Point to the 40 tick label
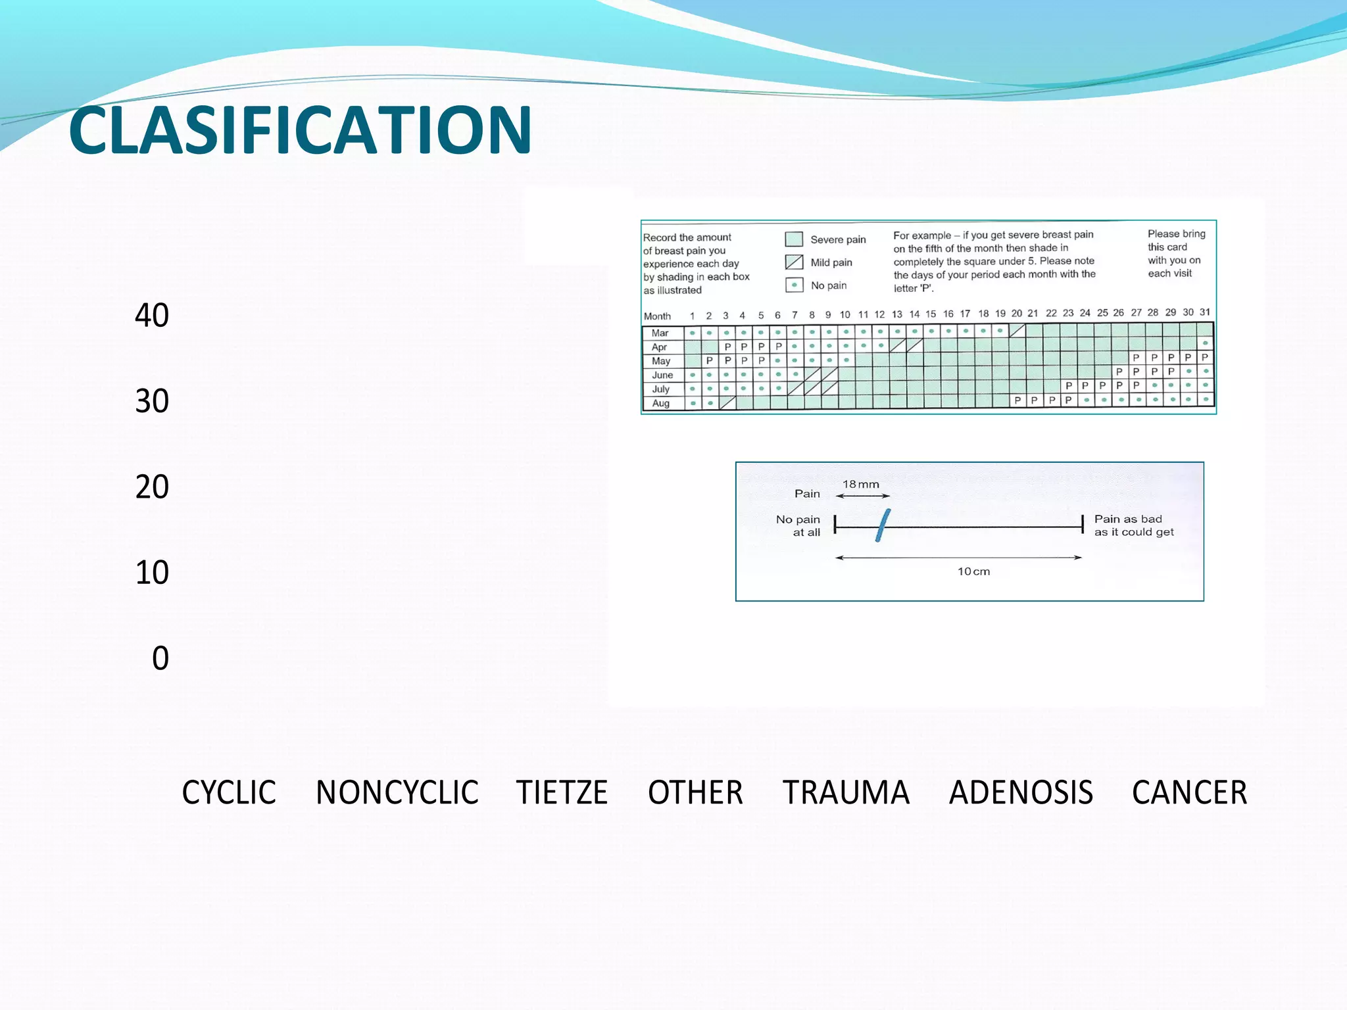click(152, 316)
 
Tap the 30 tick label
click(152, 401)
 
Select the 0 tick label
click(160, 658)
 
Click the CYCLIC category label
click(229, 792)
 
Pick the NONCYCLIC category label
click(397, 792)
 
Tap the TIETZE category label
click(562, 792)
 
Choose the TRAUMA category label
click(846, 792)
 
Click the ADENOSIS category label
click(1021, 792)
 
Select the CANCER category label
click(1189, 792)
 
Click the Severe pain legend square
click(794, 239)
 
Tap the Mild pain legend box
click(794, 262)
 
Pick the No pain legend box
click(794, 285)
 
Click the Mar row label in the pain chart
click(660, 333)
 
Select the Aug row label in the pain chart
click(660, 403)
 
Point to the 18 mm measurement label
click(860, 485)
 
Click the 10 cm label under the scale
click(973, 571)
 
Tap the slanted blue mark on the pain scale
click(883, 525)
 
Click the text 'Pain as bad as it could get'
click(1133, 525)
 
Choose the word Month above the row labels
click(657, 316)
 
